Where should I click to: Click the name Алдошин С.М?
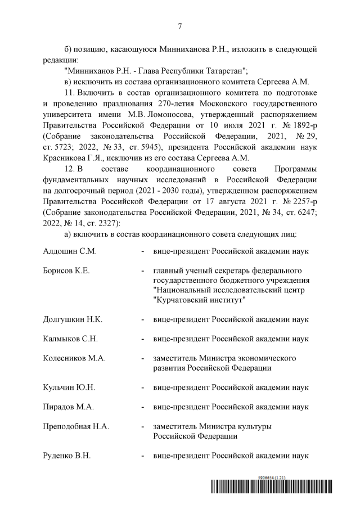pos(70,249)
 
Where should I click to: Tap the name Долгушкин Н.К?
pos(73,319)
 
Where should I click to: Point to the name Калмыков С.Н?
pos(70,339)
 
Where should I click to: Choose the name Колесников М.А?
pos(74,358)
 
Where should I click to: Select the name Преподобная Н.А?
pos(76,426)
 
